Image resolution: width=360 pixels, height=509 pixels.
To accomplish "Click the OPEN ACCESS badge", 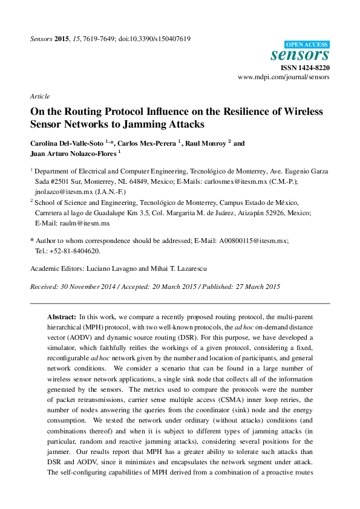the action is pos(307,44).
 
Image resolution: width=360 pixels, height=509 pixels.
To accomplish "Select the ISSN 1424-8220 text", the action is pos(304,68).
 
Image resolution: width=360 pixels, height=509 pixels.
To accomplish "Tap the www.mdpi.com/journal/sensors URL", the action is pos(284,78).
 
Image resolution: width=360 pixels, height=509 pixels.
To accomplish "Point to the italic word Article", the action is pos(39,96).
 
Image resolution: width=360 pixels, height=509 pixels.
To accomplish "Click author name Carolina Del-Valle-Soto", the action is pos(67,144).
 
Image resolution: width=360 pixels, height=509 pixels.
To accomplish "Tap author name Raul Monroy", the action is pos(201,144).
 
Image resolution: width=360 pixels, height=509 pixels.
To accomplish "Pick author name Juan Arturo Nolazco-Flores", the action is pos(73,154).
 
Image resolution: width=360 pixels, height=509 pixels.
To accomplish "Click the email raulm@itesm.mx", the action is pos(88,223).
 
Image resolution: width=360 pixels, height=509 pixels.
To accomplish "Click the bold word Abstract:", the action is pos(62,317).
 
